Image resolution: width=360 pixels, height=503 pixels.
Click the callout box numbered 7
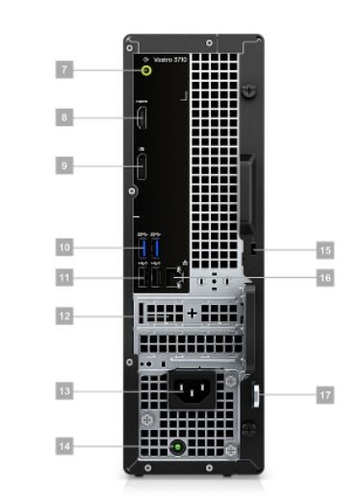point(64,69)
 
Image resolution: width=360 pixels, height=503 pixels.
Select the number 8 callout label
point(64,118)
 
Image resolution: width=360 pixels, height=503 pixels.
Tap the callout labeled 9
point(64,165)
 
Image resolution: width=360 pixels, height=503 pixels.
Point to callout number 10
point(64,247)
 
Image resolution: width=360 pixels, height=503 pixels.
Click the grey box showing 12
point(64,314)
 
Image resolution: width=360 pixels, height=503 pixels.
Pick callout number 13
point(64,391)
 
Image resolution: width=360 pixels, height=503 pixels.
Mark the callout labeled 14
point(64,446)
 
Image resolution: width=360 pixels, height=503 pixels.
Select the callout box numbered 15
point(325,249)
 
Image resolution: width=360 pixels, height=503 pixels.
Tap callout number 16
point(325,279)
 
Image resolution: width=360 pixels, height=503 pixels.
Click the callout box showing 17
point(325,393)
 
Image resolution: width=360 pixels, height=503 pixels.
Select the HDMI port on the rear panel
point(142,119)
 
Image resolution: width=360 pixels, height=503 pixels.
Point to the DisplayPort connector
point(142,167)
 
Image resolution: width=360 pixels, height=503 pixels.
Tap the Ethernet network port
point(175,279)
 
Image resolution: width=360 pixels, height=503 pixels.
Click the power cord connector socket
point(188,390)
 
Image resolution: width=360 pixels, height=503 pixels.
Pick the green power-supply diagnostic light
point(177,446)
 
